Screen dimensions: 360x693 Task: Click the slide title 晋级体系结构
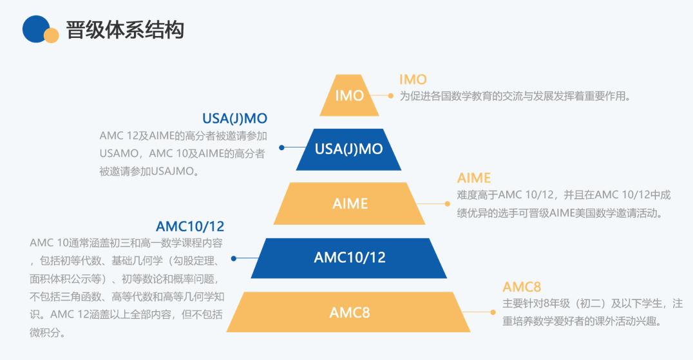(125, 30)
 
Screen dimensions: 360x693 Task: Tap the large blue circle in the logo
(36, 29)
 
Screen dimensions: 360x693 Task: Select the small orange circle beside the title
(52, 35)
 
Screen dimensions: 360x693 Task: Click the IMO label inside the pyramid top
(350, 95)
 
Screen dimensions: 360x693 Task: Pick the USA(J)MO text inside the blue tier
(348, 149)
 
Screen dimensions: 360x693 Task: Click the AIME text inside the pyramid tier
(350, 204)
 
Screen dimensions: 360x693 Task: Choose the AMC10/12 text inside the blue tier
(350, 258)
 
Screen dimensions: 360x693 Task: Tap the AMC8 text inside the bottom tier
(350, 312)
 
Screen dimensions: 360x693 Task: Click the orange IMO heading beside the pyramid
(413, 79)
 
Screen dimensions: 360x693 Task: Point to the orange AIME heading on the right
(474, 178)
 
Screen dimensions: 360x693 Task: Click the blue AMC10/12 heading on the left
(190, 227)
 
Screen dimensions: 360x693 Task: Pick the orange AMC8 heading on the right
(522, 287)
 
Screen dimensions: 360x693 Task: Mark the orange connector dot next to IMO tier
(390, 95)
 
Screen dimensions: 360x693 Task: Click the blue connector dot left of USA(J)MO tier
(281, 147)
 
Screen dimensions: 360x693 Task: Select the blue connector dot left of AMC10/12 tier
(234, 258)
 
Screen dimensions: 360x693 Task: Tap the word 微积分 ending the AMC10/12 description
(48, 333)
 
